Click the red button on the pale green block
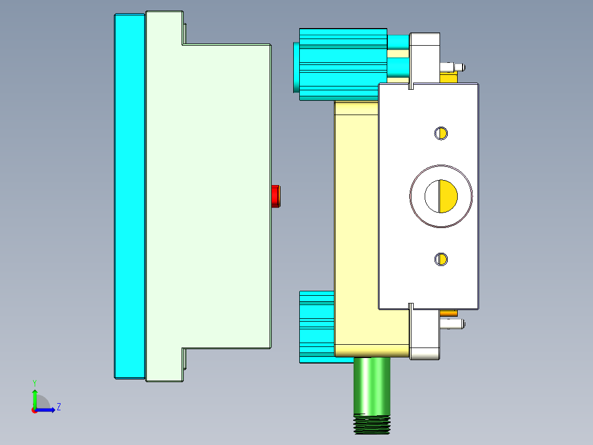coord(277,197)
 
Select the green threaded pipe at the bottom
coord(372,391)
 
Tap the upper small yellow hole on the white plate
coord(441,133)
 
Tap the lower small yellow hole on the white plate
coord(441,259)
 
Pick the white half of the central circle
coord(432,196)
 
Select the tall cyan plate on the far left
coord(129,197)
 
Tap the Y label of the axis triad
coord(34,382)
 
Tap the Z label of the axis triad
coord(58,407)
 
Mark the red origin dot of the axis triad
coord(35,410)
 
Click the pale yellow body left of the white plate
coord(355,220)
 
